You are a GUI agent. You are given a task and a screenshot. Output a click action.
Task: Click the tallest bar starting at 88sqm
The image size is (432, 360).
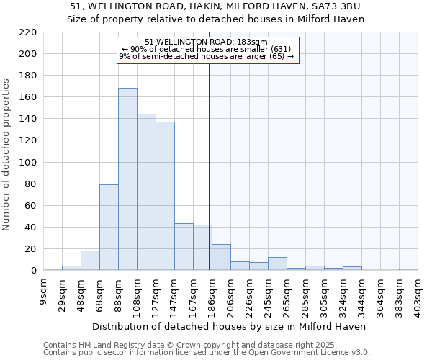click(127, 179)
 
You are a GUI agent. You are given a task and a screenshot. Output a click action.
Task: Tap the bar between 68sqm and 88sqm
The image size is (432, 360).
click(109, 228)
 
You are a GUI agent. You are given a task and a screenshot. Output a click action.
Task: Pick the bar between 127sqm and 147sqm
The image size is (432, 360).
click(165, 196)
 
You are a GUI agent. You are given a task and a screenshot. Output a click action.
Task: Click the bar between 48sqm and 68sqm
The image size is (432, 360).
click(90, 261)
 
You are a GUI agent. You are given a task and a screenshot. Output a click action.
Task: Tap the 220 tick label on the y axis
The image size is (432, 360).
click(28, 32)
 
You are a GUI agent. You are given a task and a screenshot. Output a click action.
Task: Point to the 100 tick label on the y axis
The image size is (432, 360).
click(28, 163)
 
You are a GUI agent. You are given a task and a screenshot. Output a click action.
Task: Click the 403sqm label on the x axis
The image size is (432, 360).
click(418, 297)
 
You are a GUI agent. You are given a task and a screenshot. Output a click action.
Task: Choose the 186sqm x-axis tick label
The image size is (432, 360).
click(212, 297)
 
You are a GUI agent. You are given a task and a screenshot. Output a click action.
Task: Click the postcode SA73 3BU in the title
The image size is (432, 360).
click(337, 6)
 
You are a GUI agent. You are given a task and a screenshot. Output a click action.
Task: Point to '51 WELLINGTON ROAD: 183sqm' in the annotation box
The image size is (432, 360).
click(206, 42)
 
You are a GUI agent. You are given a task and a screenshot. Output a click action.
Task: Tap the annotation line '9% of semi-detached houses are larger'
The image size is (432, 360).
click(206, 56)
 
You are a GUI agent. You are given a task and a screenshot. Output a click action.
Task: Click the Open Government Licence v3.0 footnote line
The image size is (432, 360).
click(207, 352)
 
